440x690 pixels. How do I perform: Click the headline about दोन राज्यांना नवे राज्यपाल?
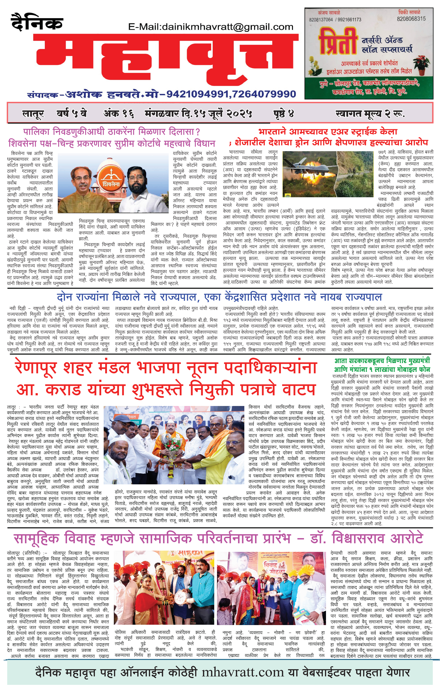coord(219,297)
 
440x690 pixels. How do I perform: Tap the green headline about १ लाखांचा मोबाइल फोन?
coord(382,365)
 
